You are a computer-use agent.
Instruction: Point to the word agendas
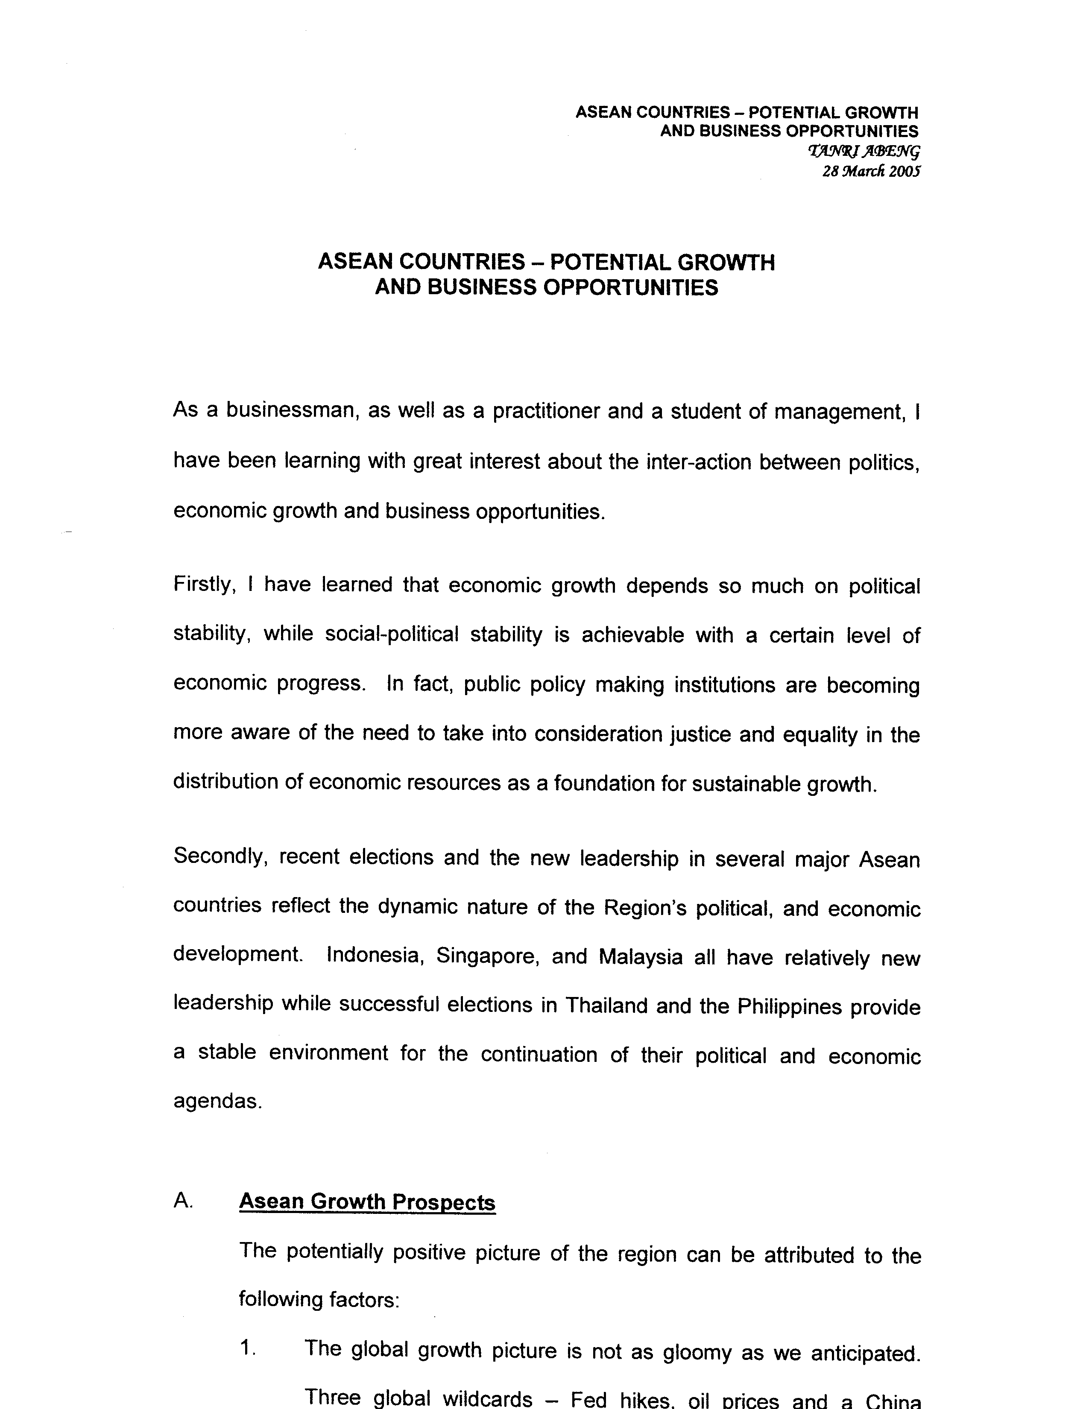point(217,1101)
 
